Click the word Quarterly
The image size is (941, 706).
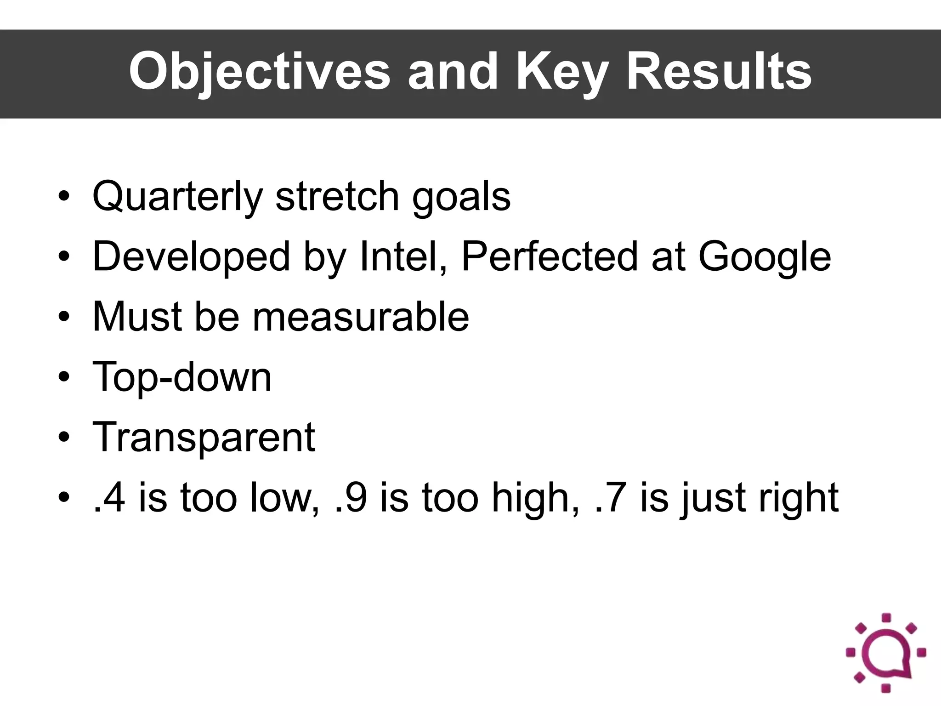177,197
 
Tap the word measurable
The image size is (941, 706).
361,317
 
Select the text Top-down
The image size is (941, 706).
182,377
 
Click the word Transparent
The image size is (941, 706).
204,437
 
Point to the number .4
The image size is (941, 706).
109,498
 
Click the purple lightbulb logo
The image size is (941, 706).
886,652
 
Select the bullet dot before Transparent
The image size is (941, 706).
64,437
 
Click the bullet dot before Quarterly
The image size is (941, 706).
64,197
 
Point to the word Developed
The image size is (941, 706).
191,256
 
